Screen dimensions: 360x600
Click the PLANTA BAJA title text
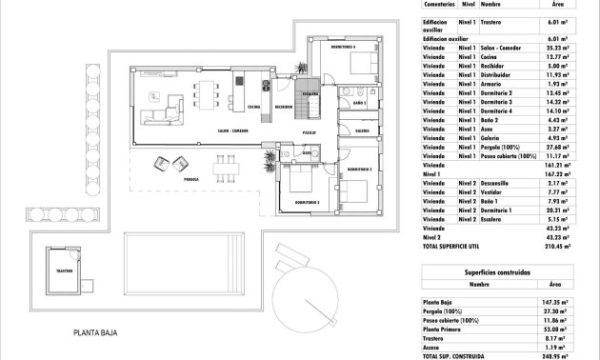click(104, 333)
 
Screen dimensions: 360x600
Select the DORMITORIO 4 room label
click(343, 47)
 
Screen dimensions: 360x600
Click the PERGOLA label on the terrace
click(191, 178)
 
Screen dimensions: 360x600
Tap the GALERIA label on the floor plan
click(362, 130)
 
